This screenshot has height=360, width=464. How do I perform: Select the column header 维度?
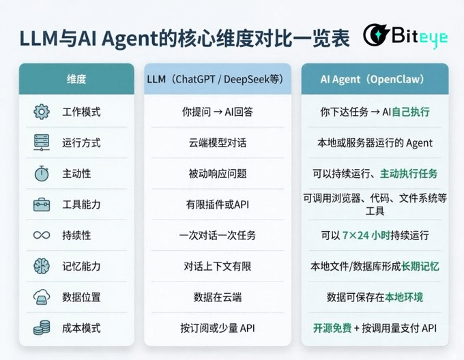point(76,79)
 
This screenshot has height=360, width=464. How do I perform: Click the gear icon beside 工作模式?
point(42,112)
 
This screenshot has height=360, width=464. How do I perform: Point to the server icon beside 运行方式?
point(42,142)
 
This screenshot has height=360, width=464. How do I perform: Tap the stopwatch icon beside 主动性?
point(42,173)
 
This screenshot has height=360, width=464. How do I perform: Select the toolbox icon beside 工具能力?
point(42,205)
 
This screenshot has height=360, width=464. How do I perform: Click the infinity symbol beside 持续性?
point(42,235)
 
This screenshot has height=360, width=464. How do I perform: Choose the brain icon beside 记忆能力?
point(42,266)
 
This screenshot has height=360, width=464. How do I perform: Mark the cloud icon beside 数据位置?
point(42,297)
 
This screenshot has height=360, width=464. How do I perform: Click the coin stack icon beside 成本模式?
point(42,328)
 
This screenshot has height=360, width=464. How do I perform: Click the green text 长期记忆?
point(420,266)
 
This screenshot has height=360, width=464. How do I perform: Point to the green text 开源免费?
point(332,328)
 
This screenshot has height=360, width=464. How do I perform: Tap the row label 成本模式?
point(81,328)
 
